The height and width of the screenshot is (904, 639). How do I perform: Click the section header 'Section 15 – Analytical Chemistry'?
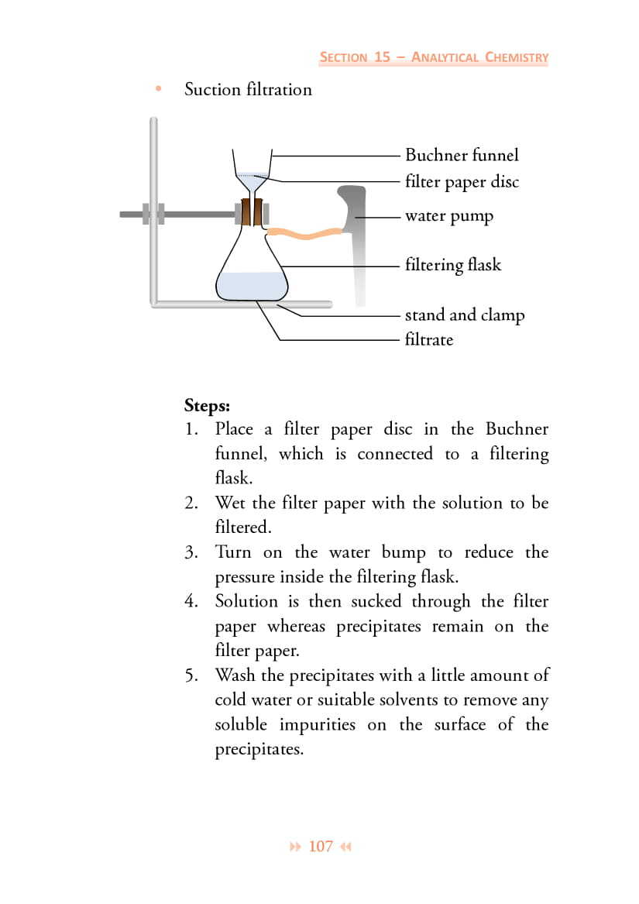pyautogui.click(x=434, y=57)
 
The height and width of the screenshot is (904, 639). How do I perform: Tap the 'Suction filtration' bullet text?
pyautogui.click(x=248, y=90)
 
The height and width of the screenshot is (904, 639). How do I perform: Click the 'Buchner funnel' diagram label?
pyautogui.click(x=462, y=155)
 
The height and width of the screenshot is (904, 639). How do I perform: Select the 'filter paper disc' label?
pyautogui.click(x=462, y=182)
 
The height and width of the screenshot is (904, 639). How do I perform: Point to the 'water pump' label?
pyautogui.click(x=448, y=216)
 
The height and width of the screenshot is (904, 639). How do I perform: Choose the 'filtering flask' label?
pyautogui.click(x=452, y=265)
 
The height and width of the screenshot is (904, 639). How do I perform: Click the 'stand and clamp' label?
pyautogui.click(x=464, y=315)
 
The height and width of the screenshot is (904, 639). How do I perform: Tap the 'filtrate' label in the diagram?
pyautogui.click(x=428, y=339)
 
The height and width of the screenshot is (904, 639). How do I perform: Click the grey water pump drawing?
pyautogui.click(x=356, y=232)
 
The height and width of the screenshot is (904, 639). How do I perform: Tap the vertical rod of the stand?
pyautogui.click(x=154, y=209)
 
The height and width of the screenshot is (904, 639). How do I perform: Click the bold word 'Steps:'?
pyautogui.click(x=207, y=405)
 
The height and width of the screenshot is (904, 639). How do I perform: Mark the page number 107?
pyautogui.click(x=321, y=847)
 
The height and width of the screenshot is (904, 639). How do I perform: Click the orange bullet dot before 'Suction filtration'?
pyautogui.click(x=159, y=89)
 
